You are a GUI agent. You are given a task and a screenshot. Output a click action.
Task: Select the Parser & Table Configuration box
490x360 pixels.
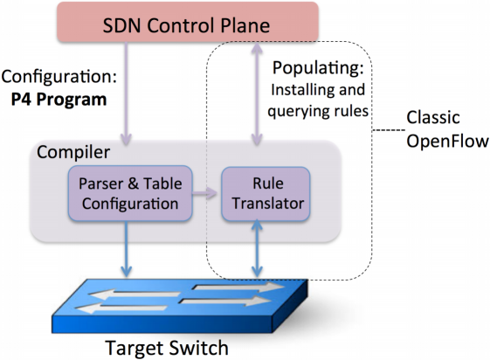pos(130,194)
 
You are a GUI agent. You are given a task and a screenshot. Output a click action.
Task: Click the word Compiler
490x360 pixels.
pos(73,153)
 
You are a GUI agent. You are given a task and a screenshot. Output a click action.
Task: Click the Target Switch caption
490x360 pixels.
pos(166,347)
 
